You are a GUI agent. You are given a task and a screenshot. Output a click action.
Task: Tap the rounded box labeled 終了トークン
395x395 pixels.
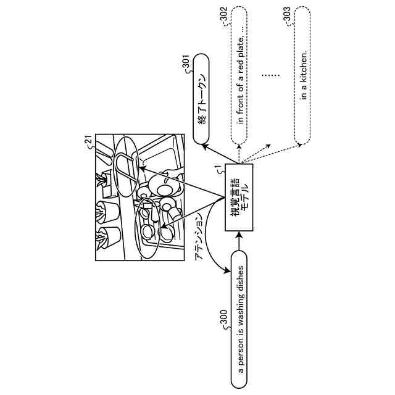(202, 101)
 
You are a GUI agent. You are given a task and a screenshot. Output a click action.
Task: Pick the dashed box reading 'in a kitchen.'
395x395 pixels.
(304, 77)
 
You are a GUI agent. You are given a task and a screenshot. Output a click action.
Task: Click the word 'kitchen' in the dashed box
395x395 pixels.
(304, 70)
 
